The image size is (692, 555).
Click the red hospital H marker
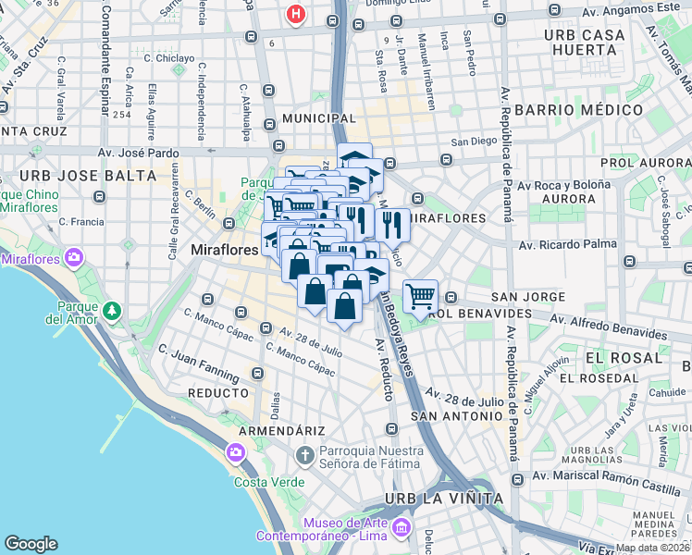coord(296,15)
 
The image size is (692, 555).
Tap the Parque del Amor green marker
coord(112,310)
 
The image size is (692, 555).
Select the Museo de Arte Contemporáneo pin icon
coord(401,528)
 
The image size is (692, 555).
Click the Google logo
coord(31,544)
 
